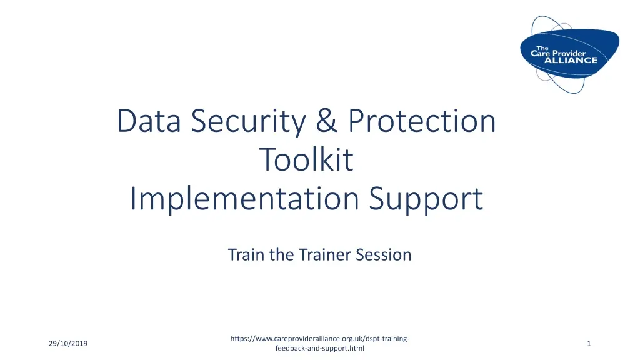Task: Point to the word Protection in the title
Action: point(422,121)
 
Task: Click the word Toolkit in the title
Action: point(306,160)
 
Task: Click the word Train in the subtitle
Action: point(246,255)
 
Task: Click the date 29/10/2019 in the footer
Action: point(68,344)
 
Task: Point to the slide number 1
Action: point(589,344)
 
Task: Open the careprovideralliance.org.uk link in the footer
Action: point(320,339)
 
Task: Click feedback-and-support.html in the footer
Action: point(319,348)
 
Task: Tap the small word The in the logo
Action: point(542,47)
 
